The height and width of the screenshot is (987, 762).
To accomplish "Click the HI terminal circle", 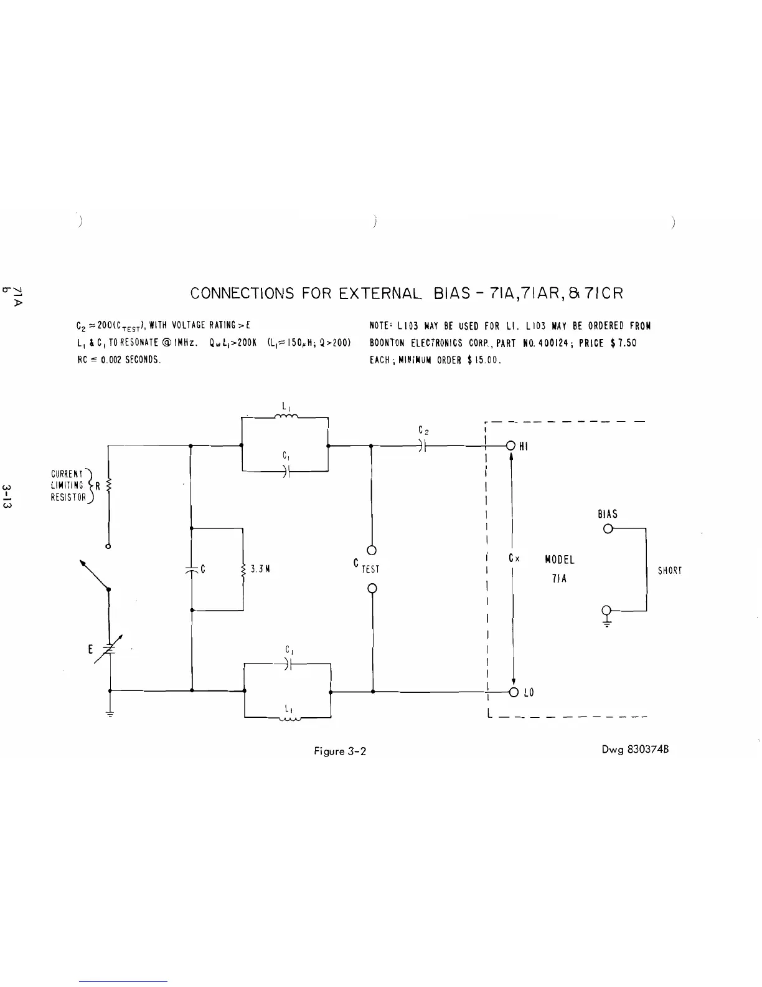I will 510,446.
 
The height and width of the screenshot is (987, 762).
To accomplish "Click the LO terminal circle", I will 514,692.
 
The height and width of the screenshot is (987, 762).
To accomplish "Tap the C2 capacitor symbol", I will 422,446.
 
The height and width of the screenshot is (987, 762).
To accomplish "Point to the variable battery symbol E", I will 110,649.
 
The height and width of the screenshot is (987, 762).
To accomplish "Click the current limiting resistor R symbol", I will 109,485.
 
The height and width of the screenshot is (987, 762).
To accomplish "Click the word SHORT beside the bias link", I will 670,570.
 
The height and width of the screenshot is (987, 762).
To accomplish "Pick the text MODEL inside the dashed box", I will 559,560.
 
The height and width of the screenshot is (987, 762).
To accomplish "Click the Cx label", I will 514,558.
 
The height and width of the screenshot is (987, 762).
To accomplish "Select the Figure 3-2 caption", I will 340,751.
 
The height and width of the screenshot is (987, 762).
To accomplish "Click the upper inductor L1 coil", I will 286,417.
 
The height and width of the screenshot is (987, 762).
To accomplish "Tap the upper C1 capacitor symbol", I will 287,471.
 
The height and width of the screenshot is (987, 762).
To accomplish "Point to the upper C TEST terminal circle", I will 372,550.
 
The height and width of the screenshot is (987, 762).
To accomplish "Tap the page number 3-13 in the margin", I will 8,495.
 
